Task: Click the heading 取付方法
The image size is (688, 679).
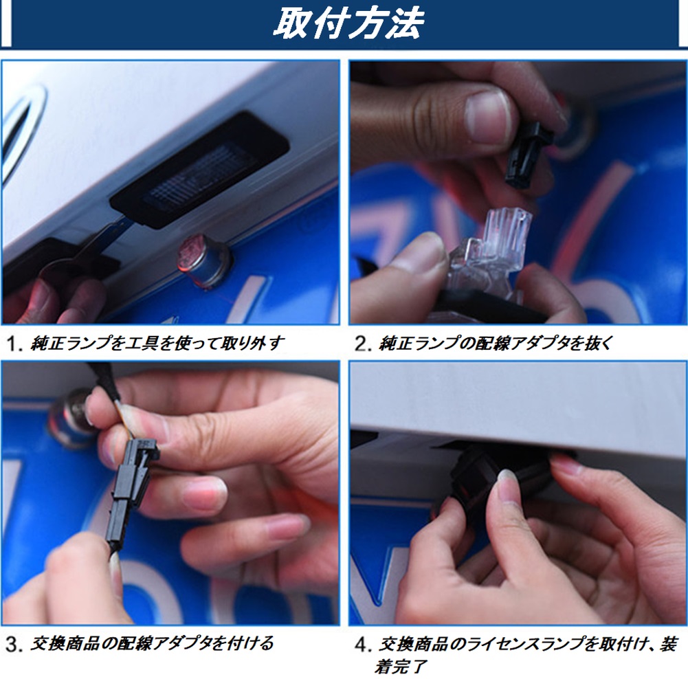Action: tap(348, 23)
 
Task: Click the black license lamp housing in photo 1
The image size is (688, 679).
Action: tap(199, 169)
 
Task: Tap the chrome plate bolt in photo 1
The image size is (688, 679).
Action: tap(204, 261)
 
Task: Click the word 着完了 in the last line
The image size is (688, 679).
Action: tap(401, 667)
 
